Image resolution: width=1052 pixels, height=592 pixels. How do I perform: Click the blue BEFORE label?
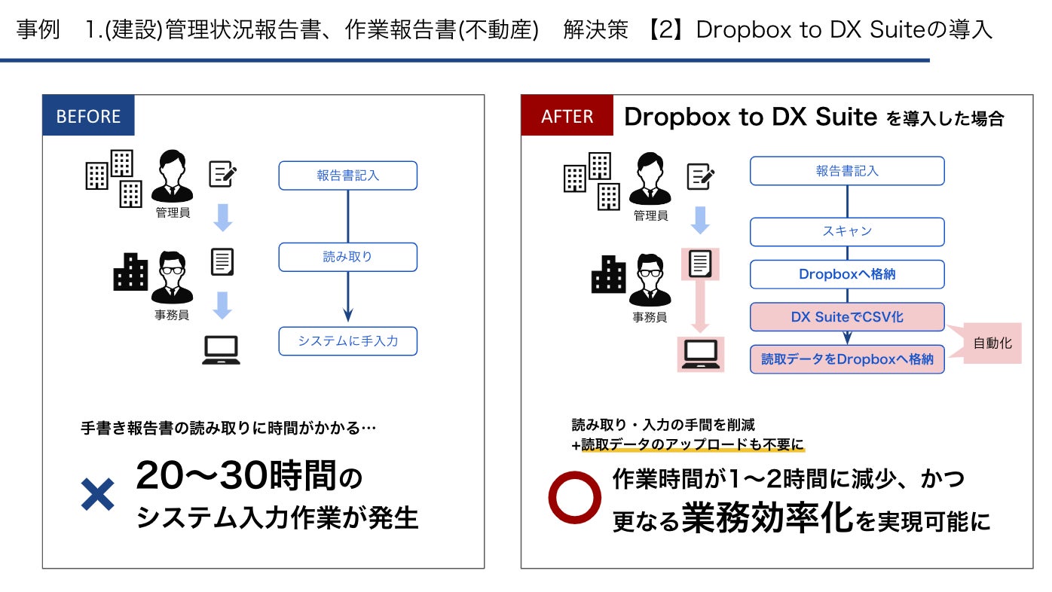[88, 117]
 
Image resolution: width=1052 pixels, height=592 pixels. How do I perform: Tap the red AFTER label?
[567, 117]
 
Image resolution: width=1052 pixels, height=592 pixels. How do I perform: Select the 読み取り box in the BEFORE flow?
[347, 257]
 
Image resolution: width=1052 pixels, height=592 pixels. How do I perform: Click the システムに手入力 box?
[347, 341]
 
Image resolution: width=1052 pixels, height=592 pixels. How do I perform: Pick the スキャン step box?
[846, 231]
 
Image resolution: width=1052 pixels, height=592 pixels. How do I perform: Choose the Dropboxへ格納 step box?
[846, 274]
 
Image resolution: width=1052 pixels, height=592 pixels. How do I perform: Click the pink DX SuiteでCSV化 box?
[846, 317]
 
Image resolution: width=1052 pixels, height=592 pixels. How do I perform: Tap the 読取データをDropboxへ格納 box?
[846, 359]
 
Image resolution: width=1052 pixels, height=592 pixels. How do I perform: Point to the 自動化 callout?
[992, 343]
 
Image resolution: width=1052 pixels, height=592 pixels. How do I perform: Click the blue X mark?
[97, 494]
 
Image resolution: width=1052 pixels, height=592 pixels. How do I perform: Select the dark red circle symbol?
[574, 496]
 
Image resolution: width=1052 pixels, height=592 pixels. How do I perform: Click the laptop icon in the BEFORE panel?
[221, 350]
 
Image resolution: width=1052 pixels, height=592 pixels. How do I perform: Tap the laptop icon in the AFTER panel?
[701, 355]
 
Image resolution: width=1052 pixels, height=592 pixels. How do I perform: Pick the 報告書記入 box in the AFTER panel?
[846, 171]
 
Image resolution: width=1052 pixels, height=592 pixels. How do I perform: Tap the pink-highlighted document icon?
[700, 264]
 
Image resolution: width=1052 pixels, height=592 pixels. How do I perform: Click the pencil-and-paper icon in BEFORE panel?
[222, 175]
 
